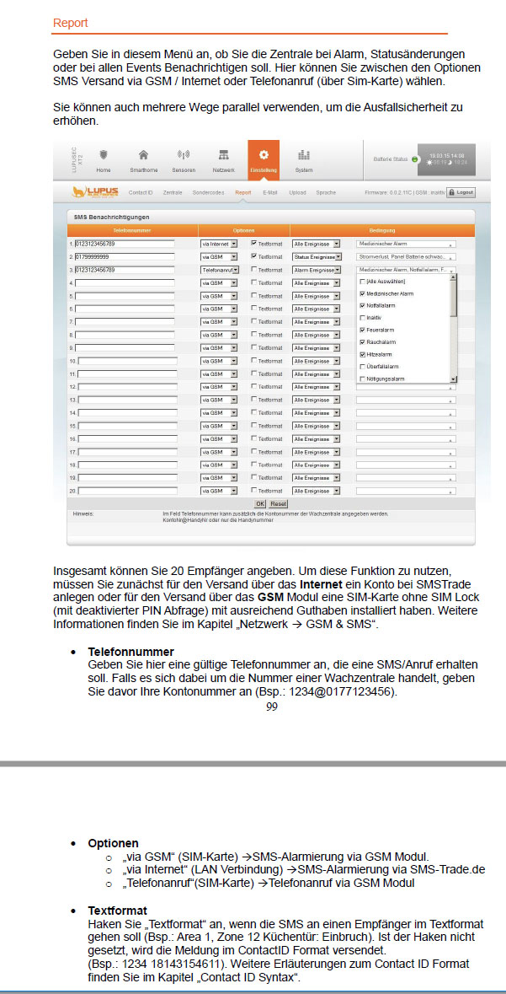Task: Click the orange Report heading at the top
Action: pos(70,24)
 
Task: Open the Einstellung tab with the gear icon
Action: pos(264,159)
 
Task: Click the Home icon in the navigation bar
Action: pos(104,159)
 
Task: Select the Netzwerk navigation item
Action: pos(223,159)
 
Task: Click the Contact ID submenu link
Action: pos(141,192)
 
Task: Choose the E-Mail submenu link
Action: pos(269,192)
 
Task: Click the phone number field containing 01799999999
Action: pos(125,256)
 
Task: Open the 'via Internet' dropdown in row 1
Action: pos(219,244)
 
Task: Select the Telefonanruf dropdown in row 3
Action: pos(219,270)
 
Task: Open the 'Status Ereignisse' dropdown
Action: pos(317,256)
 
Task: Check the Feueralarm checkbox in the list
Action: pos(362,330)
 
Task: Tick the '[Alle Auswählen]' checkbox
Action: pos(362,281)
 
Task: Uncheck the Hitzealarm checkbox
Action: pos(362,354)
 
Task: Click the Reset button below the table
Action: pos(278,503)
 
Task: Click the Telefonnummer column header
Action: pos(132,230)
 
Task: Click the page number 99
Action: pos(271,707)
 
